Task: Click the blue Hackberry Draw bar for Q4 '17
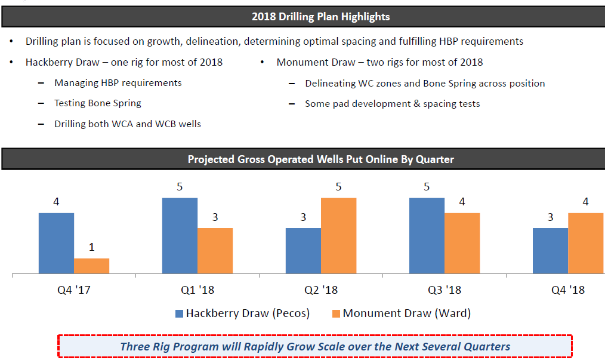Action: click(x=56, y=244)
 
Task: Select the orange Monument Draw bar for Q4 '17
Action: click(x=91, y=266)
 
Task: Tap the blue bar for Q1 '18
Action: click(x=180, y=236)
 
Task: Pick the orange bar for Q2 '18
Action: click(x=338, y=236)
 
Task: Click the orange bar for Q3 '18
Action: click(x=462, y=244)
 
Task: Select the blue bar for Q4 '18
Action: click(x=550, y=251)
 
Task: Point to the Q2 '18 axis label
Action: click(x=320, y=290)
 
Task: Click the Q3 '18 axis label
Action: click(x=445, y=290)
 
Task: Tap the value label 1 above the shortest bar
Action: click(x=91, y=247)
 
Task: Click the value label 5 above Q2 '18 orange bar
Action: click(x=338, y=187)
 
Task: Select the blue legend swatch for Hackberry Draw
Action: click(x=179, y=313)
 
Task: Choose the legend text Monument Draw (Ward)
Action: click(x=406, y=313)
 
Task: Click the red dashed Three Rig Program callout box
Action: click(x=314, y=346)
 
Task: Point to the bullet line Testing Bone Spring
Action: click(x=97, y=103)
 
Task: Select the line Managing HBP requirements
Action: click(x=118, y=83)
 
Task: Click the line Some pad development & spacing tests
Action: click(x=392, y=104)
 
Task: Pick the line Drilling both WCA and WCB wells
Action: click(x=127, y=124)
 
